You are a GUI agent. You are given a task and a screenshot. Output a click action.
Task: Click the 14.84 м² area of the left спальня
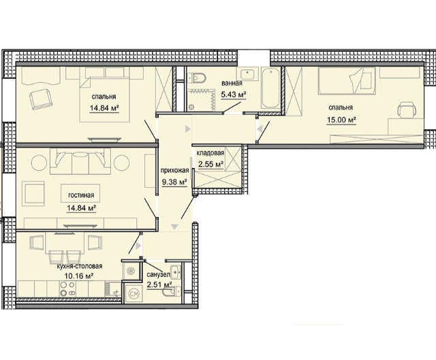104,108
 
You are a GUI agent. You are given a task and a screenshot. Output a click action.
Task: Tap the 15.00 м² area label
342,120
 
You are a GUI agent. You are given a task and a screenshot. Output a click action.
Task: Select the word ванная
232,83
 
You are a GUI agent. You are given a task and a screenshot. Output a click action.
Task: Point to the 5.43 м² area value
234,95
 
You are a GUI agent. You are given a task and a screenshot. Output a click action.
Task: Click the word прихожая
175,170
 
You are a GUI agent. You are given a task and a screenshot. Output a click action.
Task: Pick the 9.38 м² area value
174,182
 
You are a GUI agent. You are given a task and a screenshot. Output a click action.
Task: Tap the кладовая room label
211,153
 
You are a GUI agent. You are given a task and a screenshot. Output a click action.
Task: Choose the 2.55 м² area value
211,164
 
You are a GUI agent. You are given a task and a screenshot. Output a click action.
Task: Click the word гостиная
81,195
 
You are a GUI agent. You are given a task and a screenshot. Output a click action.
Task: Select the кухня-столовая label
80,266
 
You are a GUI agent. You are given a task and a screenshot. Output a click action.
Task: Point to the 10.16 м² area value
76,276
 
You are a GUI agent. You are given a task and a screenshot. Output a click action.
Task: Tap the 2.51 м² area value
159,285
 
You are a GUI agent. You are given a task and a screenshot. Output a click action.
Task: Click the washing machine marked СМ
133,293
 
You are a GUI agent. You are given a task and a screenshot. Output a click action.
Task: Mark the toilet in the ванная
196,78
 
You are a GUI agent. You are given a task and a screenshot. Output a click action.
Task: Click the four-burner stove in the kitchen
68,289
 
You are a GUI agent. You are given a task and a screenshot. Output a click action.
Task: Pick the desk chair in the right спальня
407,110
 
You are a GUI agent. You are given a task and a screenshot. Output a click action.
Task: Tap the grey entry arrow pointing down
174,227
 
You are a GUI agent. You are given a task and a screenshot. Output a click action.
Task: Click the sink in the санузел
176,272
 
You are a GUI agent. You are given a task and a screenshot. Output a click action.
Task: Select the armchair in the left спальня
41,100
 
